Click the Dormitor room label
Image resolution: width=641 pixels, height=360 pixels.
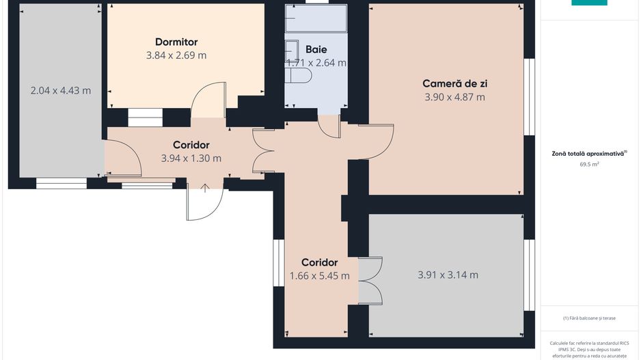[x=176, y=42]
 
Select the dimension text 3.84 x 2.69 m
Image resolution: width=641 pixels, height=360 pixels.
[x=176, y=55]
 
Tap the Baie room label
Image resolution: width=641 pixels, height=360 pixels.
[x=316, y=49]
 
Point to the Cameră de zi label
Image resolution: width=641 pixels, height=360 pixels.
[x=454, y=84]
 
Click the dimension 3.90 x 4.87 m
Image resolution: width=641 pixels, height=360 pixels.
[x=454, y=97]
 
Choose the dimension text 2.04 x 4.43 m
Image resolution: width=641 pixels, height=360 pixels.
[x=61, y=90]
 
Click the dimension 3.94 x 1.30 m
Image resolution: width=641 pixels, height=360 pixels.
[x=191, y=158]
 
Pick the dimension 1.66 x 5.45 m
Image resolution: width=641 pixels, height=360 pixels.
[x=319, y=276]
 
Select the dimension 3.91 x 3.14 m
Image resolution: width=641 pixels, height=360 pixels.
[x=448, y=275]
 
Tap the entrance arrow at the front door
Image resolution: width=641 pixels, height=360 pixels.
[x=205, y=188]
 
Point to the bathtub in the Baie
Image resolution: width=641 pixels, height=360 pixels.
[x=316, y=18]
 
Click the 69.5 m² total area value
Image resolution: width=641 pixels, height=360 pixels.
[x=589, y=165]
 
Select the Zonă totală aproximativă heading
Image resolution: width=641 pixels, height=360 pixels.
[x=589, y=154]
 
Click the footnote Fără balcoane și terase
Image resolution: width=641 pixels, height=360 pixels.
[x=589, y=318]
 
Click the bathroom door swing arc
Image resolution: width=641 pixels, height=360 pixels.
[x=329, y=126]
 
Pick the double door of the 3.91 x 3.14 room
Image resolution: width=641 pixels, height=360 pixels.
[x=369, y=280]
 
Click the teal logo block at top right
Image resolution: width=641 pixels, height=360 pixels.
[x=589, y=3]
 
